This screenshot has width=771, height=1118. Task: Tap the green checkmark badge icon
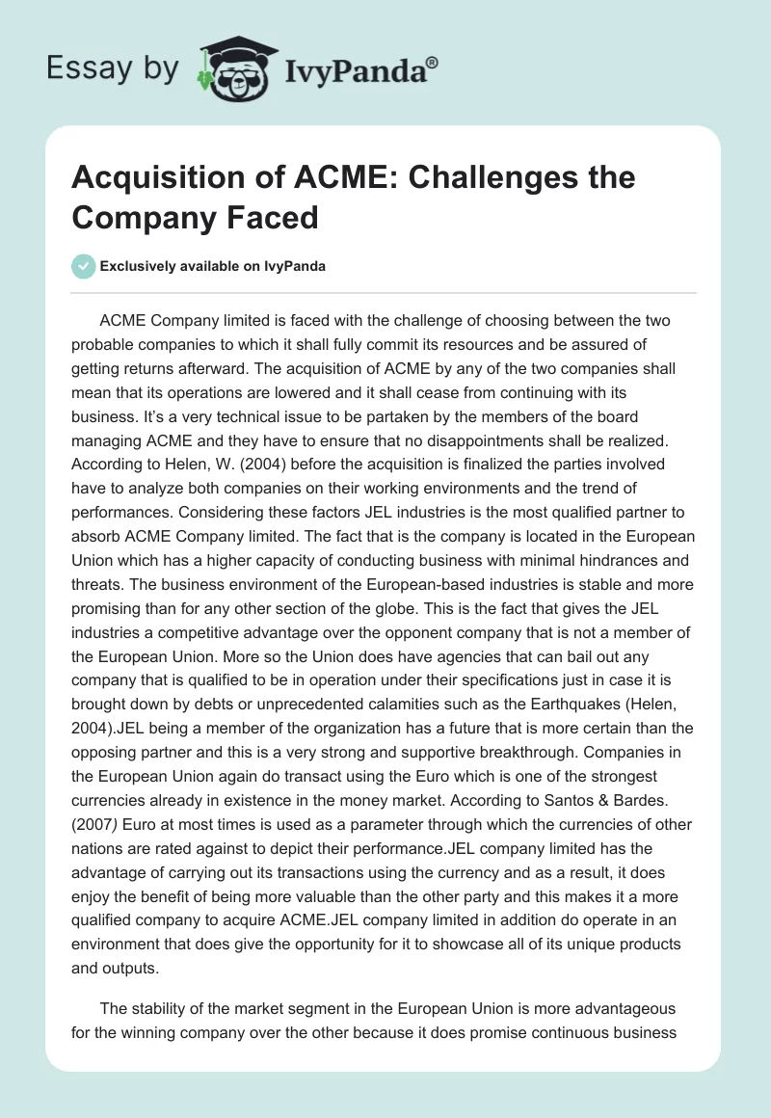84,266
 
